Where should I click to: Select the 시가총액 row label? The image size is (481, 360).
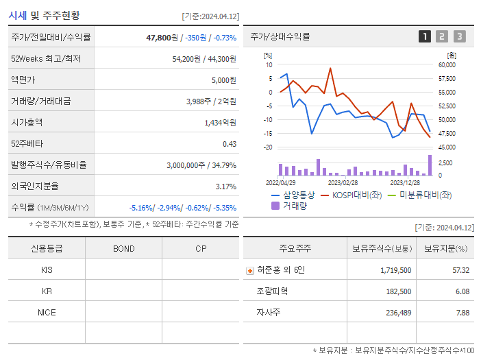tap(27, 123)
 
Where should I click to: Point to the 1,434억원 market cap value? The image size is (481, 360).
tap(220, 123)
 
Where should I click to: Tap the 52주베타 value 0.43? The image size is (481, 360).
tap(229, 144)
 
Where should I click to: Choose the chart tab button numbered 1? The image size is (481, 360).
tap(425, 36)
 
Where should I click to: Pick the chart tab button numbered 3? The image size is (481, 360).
tap(459, 36)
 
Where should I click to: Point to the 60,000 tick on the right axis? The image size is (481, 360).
tap(447, 65)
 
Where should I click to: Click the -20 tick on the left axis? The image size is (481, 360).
tap(268, 147)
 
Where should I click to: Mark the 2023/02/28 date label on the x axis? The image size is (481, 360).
tap(343, 183)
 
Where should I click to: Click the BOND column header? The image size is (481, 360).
tap(123, 249)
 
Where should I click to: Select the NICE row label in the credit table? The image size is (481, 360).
tap(47, 312)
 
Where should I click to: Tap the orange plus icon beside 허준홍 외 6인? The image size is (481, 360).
tap(250, 270)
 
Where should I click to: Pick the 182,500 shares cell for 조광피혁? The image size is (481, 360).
tap(395, 291)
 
